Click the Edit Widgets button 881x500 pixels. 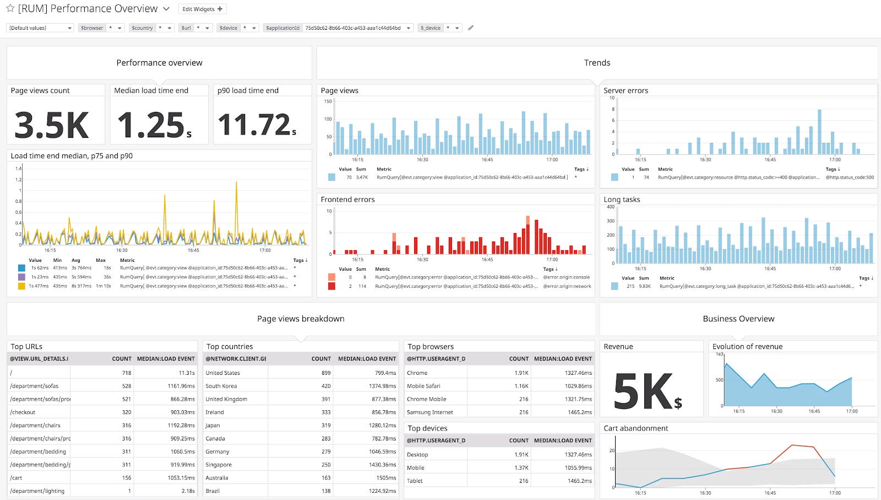(202, 9)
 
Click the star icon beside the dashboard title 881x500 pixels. (10, 8)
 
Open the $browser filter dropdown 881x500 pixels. (118, 28)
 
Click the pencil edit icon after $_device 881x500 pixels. (471, 28)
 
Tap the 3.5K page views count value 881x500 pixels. (52, 125)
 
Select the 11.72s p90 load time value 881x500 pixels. (257, 125)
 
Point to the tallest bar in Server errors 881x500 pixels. (819, 131)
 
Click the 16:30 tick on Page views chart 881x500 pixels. (422, 160)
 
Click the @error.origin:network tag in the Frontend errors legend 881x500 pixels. (567, 286)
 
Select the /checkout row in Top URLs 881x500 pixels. (23, 412)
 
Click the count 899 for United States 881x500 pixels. (326, 373)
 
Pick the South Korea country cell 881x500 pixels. (221, 386)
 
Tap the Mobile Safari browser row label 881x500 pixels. (423, 386)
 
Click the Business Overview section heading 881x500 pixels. (738, 319)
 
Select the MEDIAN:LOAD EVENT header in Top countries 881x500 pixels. (367, 359)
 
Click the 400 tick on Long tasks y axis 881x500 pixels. (610, 207)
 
